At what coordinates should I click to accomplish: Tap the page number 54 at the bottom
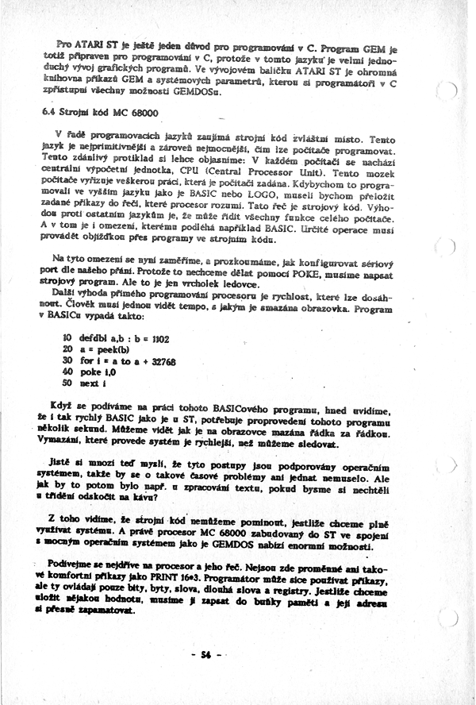tap(205, 654)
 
